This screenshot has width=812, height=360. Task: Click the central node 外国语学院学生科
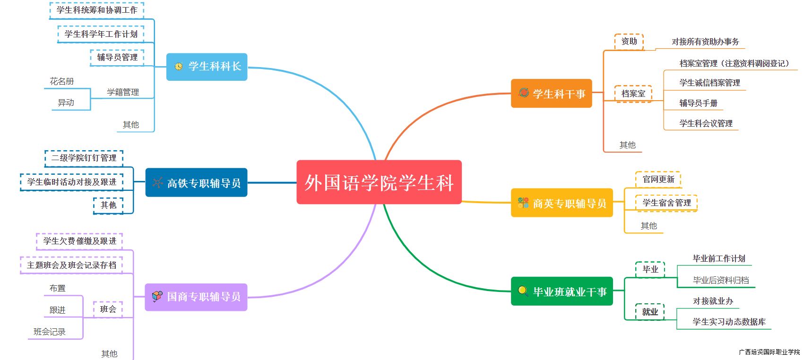tap(379, 182)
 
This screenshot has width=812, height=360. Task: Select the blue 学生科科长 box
tap(207, 67)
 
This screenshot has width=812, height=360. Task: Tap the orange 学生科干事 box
tap(551, 94)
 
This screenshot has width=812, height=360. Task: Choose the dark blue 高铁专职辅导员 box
tap(196, 182)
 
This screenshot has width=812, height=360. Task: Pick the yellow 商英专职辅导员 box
tap(561, 203)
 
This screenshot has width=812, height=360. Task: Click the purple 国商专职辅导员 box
tap(196, 297)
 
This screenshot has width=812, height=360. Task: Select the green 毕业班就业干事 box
tap(561, 291)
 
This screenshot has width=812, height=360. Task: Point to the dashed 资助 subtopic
tap(629, 42)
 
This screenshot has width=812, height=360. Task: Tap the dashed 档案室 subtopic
tap(633, 94)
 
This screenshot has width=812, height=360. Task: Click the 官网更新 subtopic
tap(658, 180)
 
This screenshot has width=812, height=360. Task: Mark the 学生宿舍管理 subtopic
tap(666, 203)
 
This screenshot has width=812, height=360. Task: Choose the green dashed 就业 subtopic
tap(650, 312)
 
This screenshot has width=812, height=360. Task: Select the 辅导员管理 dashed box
tap(117, 57)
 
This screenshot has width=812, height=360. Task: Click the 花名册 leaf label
tap(62, 81)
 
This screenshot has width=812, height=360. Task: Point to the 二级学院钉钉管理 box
tap(84, 158)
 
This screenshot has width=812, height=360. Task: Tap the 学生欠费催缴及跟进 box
tap(79, 241)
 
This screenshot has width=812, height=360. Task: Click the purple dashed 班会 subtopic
tap(108, 309)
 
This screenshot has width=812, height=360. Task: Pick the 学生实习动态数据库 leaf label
tap(729, 322)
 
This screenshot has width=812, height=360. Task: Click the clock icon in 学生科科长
tap(178, 67)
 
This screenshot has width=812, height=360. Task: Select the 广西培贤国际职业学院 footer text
tap(769, 352)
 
